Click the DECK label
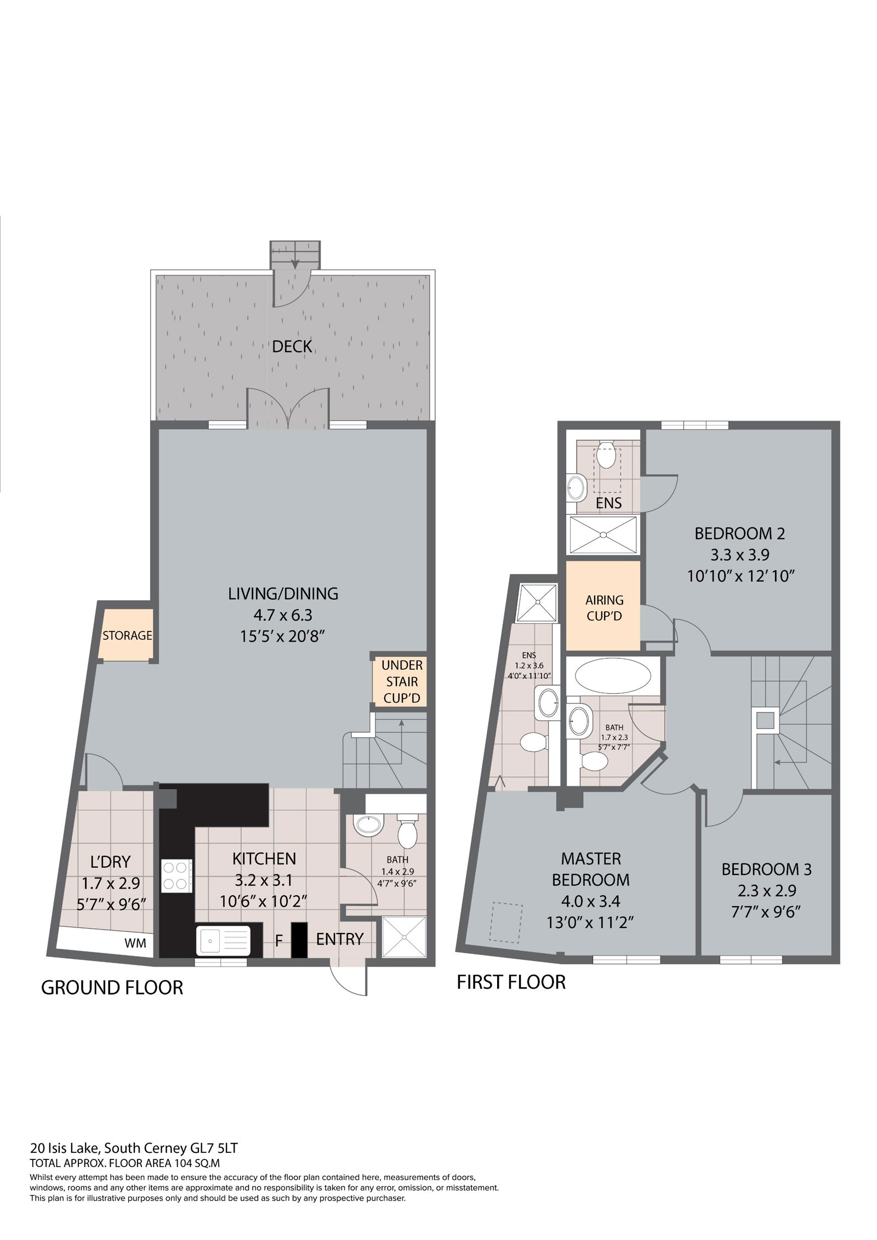click(x=292, y=346)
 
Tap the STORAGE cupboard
click(x=127, y=635)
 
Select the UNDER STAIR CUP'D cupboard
click(x=402, y=681)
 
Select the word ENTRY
click(x=340, y=939)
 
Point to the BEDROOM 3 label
click(x=766, y=869)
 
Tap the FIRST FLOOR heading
click(x=511, y=982)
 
